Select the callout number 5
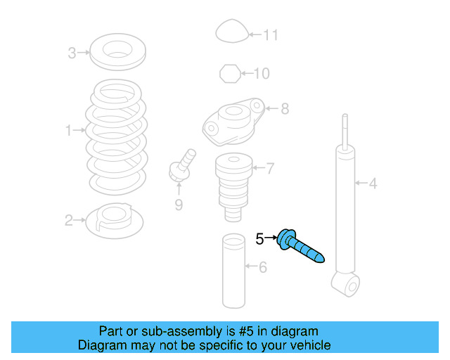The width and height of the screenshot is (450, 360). [x=259, y=239]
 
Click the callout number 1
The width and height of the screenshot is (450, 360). [x=69, y=130]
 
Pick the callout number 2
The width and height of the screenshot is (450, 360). [x=69, y=221]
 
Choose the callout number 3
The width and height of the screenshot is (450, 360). [x=72, y=52]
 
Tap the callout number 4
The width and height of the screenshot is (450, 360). [x=373, y=184]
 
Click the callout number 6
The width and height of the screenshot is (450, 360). [x=262, y=266]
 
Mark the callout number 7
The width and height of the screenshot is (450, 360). [x=270, y=168]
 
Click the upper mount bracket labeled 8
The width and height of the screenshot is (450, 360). [x=232, y=120]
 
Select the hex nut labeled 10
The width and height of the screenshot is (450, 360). [x=229, y=72]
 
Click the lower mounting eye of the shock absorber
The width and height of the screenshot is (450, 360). [x=346, y=284]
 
